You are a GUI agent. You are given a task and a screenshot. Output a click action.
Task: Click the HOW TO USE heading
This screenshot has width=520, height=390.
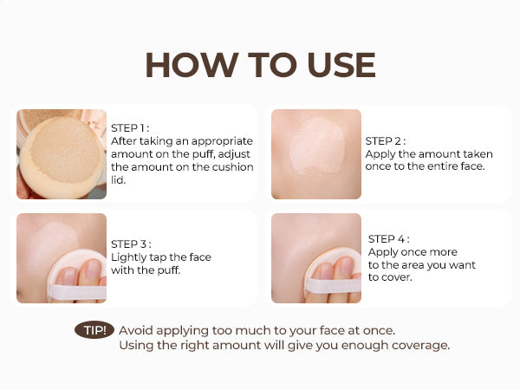260,66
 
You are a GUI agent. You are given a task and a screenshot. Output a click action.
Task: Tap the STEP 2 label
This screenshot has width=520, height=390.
385,140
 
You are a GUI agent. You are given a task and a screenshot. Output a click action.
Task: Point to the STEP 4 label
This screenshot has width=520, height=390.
388,238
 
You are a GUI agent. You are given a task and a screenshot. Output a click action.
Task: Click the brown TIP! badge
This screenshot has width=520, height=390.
94,330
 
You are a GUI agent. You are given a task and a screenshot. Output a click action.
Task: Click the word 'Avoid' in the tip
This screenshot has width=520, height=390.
135,330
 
